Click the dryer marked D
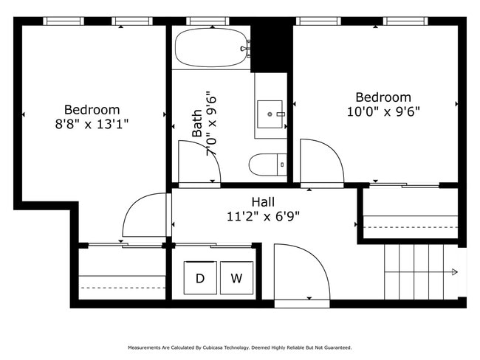point(199,278)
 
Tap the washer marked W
point(236,278)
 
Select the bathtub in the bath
point(210,49)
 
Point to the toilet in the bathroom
point(267,165)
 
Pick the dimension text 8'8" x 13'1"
point(92,125)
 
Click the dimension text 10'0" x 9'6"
point(383,112)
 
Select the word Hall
point(263,201)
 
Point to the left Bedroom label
point(92,109)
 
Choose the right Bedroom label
point(383,97)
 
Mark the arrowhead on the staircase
point(454,272)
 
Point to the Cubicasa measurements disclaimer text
point(239,347)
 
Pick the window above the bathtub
point(208,21)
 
